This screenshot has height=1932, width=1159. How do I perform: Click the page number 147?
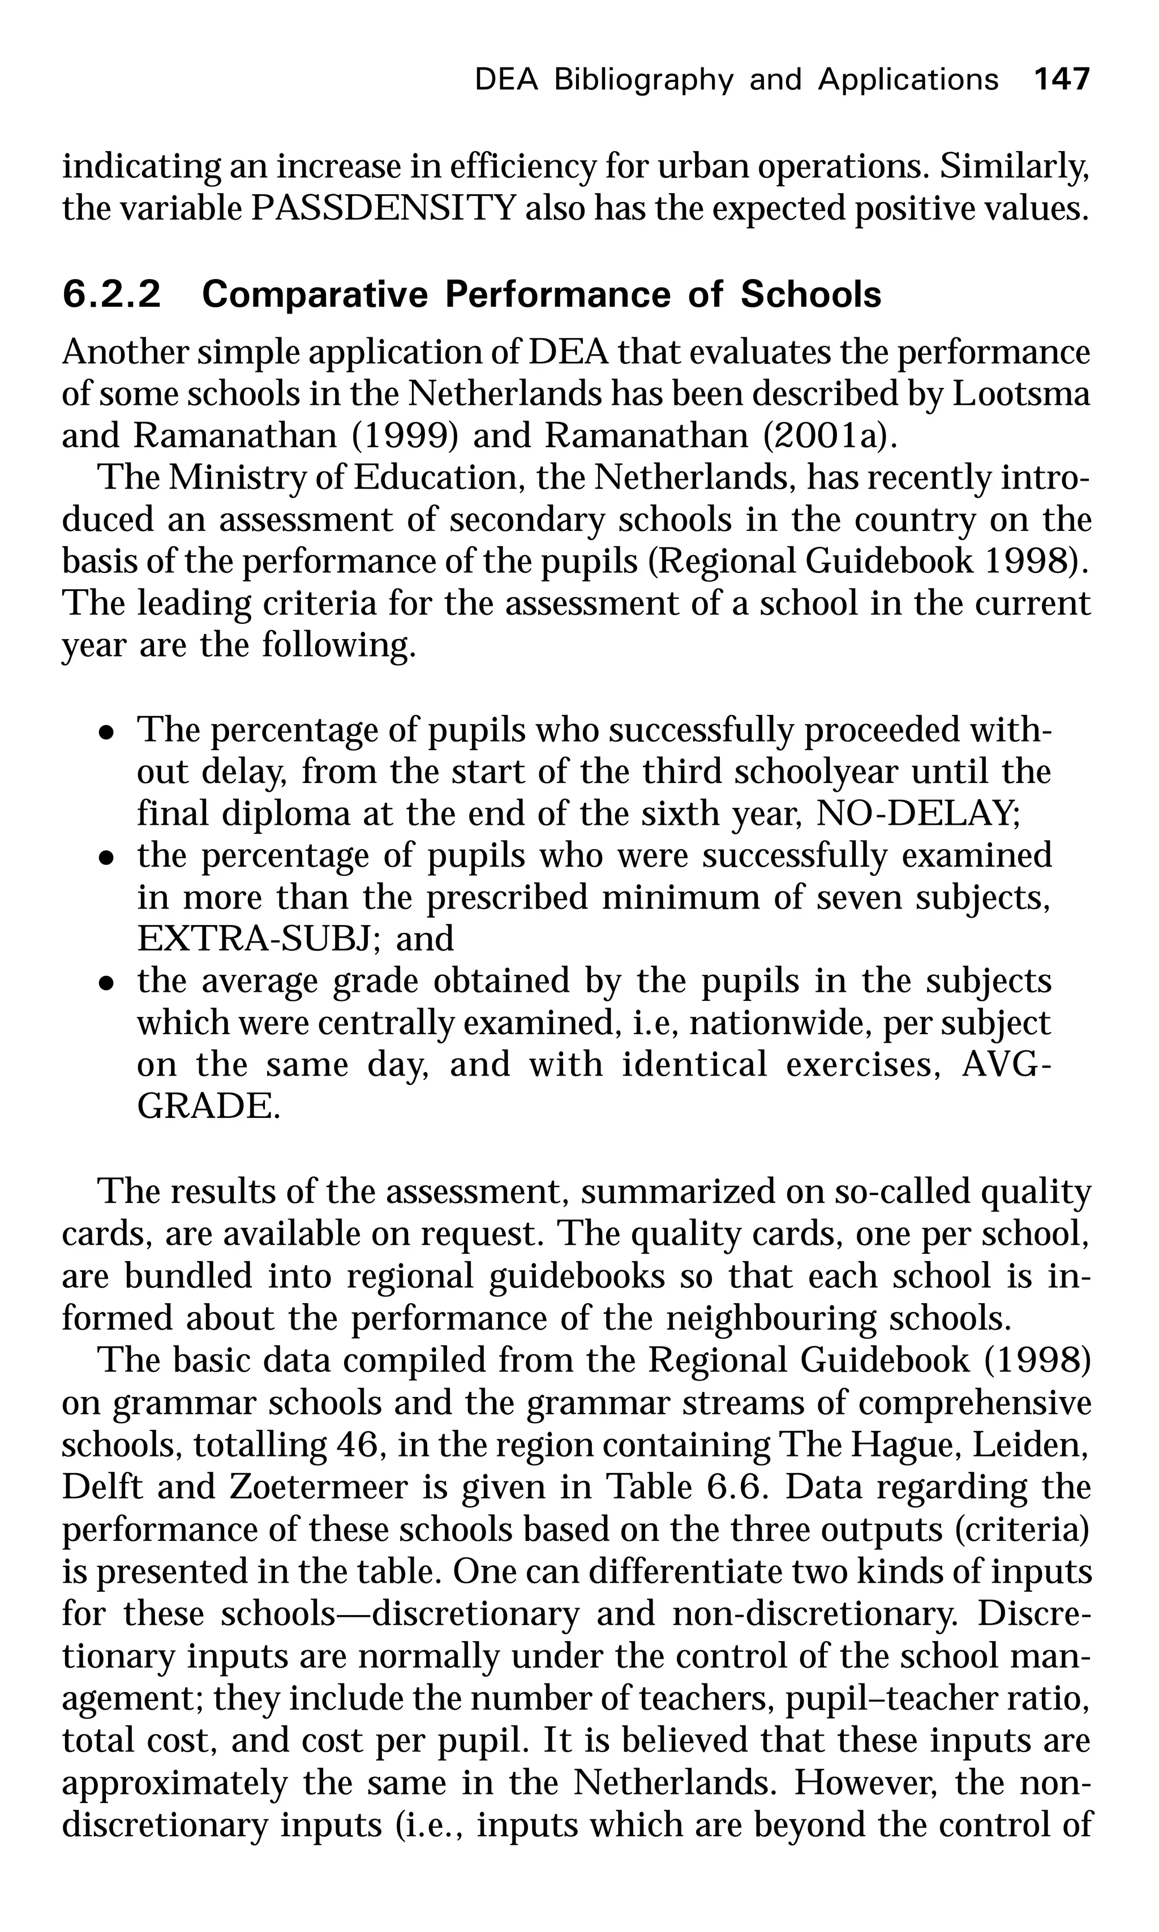[x=1061, y=80]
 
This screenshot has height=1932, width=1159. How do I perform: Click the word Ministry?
[x=238, y=477]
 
